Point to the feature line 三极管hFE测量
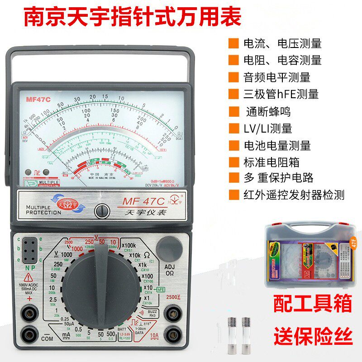(x=281, y=94)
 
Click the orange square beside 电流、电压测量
(x=233, y=43)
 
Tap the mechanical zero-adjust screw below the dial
(x=102, y=210)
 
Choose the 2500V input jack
(x=172, y=312)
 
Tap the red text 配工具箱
(x=312, y=305)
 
